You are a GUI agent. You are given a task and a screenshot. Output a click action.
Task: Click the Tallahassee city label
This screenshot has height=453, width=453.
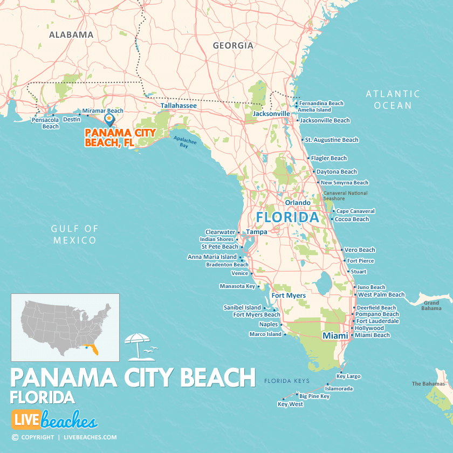(x=179, y=106)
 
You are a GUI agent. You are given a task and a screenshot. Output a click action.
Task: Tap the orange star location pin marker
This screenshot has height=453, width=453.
(x=109, y=118)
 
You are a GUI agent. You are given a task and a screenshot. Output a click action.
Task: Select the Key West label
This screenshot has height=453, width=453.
(x=290, y=404)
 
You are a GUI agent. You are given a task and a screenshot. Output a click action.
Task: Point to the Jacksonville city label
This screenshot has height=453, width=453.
(x=271, y=114)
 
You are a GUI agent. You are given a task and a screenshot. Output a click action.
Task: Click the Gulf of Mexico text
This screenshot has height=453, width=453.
(x=75, y=235)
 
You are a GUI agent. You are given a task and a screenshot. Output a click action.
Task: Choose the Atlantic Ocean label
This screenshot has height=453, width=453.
(x=393, y=100)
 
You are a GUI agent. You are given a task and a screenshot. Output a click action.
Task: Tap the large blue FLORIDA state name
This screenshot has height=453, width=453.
(x=287, y=217)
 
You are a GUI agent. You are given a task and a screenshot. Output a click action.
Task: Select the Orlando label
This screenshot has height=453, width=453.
(x=298, y=203)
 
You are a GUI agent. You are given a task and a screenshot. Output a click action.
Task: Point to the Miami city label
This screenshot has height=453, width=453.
(x=335, y=335)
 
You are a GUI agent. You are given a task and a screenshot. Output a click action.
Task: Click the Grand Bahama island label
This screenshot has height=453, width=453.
(x=431, y=305)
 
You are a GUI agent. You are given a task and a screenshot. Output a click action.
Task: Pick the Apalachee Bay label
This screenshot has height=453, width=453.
(x=185, y=142)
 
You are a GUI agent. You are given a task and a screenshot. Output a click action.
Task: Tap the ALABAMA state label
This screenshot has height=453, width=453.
(x=71, y=35)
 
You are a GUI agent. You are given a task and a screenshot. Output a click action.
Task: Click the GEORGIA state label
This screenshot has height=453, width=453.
(x=233, y=45)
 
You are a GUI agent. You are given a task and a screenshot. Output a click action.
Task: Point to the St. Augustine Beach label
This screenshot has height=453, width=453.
(x=331, y=140)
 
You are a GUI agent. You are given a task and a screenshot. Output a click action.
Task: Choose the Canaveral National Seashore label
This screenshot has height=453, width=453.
(x=345, y=196)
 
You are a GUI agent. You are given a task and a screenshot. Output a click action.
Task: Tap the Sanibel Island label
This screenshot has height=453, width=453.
(x=242, y=307)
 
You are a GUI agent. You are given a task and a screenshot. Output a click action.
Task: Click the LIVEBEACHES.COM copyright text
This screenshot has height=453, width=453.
(x=90, y=437)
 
